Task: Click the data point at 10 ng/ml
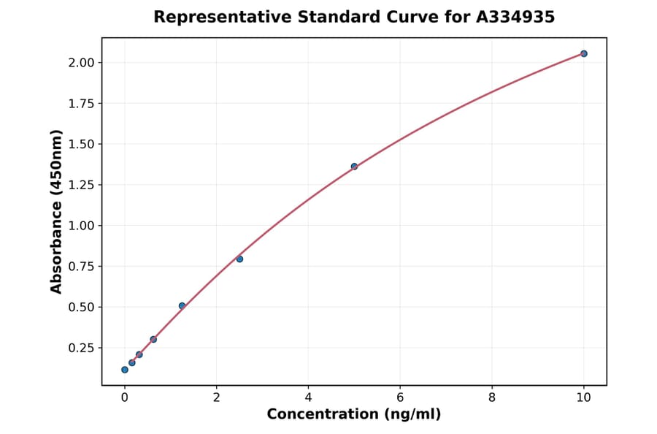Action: tap(583, 53)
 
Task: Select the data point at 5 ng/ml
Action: tap(354, 167)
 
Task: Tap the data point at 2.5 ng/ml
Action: tap(239, 259)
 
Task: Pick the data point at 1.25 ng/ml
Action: tap(182, 305)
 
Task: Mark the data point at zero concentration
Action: tap(125, 370)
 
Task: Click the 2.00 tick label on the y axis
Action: tap(81, 63)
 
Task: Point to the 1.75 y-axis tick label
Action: tap(81, 104)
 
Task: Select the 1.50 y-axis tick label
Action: tap(81, 144)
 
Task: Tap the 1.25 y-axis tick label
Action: tap(81, 185)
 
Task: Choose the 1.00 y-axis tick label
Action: tap(81, 226)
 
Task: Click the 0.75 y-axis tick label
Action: tap(81, 267)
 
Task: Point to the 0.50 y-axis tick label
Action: tap(81, 307)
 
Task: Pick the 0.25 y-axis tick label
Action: tap(81, 348)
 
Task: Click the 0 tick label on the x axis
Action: tap(125, 397)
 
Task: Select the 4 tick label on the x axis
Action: tap(308, 397)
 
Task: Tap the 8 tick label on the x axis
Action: tap(492, 397)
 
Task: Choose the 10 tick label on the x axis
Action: tap(583, 397)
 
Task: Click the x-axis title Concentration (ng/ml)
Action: tap(354, 414)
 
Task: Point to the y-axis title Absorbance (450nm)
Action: tap(57, 211)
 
